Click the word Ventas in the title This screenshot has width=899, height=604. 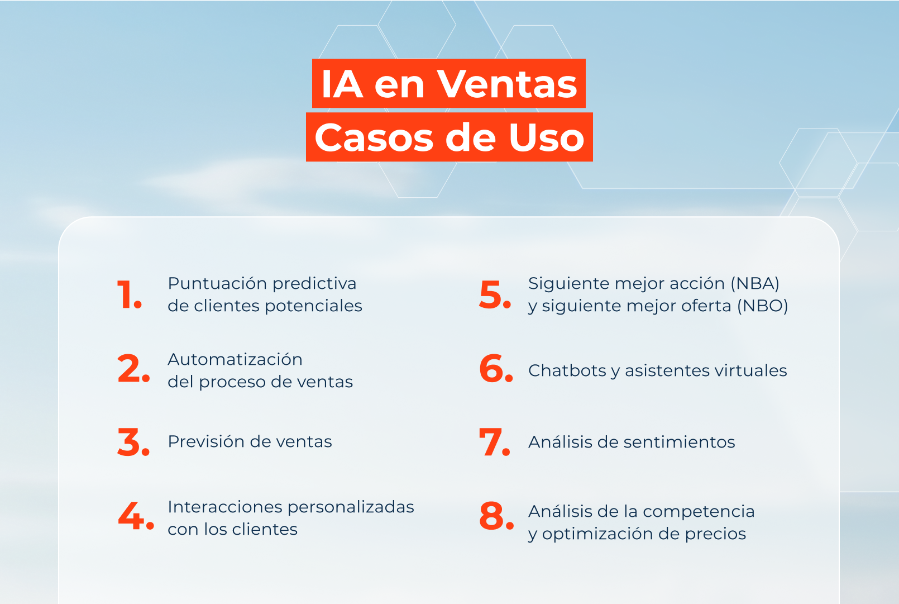click(x=506, y=84)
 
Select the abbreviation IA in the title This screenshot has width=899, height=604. click(x=342, y=84)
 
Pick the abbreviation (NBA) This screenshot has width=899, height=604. click(x=755, y=283)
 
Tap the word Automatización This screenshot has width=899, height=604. click(x=235, y=359)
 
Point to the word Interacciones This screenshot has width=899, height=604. click(x=225, y=507)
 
